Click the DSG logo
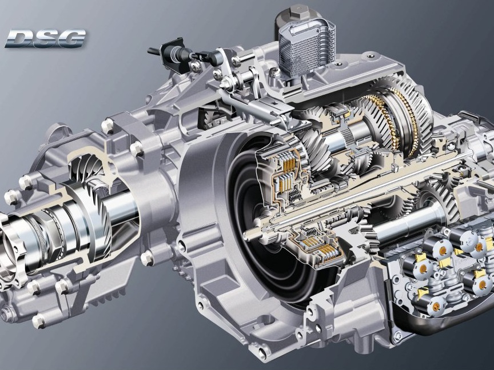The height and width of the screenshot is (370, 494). (x=45, y=38)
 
